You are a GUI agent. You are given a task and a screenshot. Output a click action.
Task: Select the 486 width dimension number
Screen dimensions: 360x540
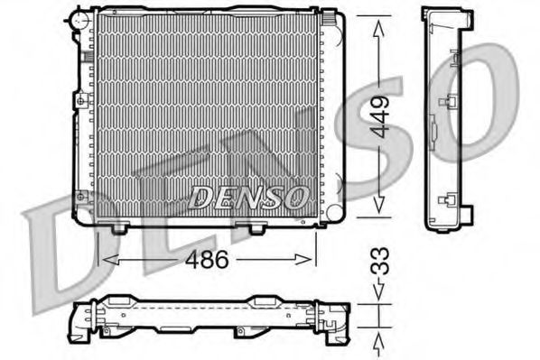coord(207,258)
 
